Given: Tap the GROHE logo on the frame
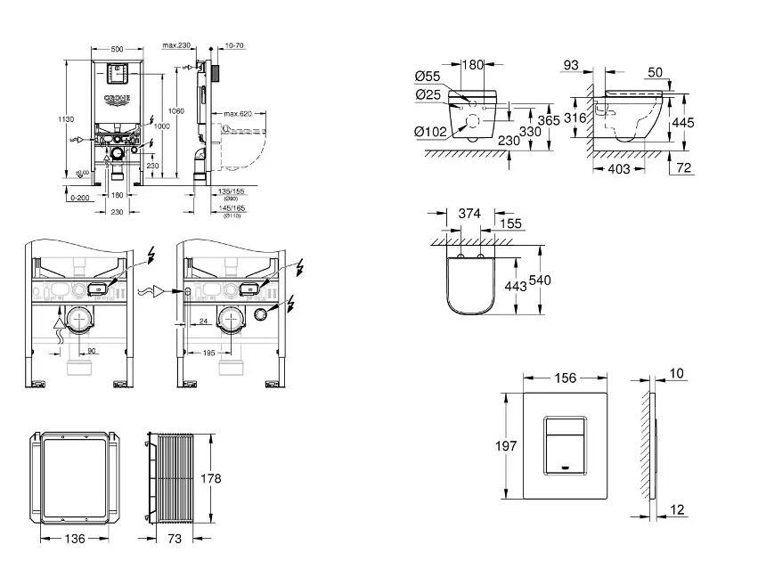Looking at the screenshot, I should pyautogui.click(x=118, y=97).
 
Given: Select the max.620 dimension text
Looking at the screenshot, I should pyautogui.click(x=238, y=114).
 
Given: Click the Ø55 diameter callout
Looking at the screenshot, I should pyautogui.click(x=428, y=77).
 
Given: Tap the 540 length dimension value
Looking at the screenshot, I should pyautogui.click(x=540, y=280).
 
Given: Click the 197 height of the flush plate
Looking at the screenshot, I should pyautogui.click(x=506, y=445).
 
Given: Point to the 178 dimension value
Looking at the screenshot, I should pyautogui.click(x=209, y=478).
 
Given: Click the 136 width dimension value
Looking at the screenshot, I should pyautogui.click(x=75, y=539).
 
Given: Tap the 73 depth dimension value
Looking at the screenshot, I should pyautogui.click(x=175, y=539).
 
